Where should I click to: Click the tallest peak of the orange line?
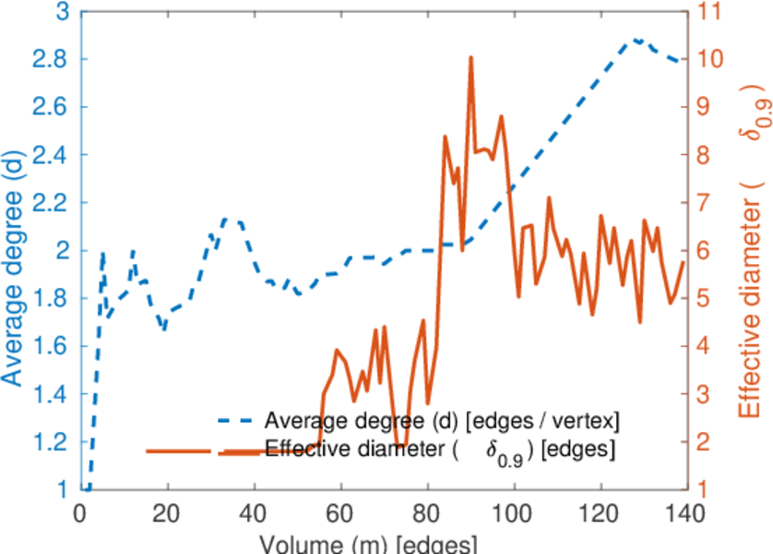[x=470, y=57]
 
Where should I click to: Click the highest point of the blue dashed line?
[x=636, y=40]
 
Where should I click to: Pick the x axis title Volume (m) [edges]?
[x=369, y=542]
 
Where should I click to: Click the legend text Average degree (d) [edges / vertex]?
[x=441, y=421]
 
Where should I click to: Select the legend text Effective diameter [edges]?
[x=441, y=451]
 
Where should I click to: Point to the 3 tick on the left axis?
[x=62, y=12]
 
